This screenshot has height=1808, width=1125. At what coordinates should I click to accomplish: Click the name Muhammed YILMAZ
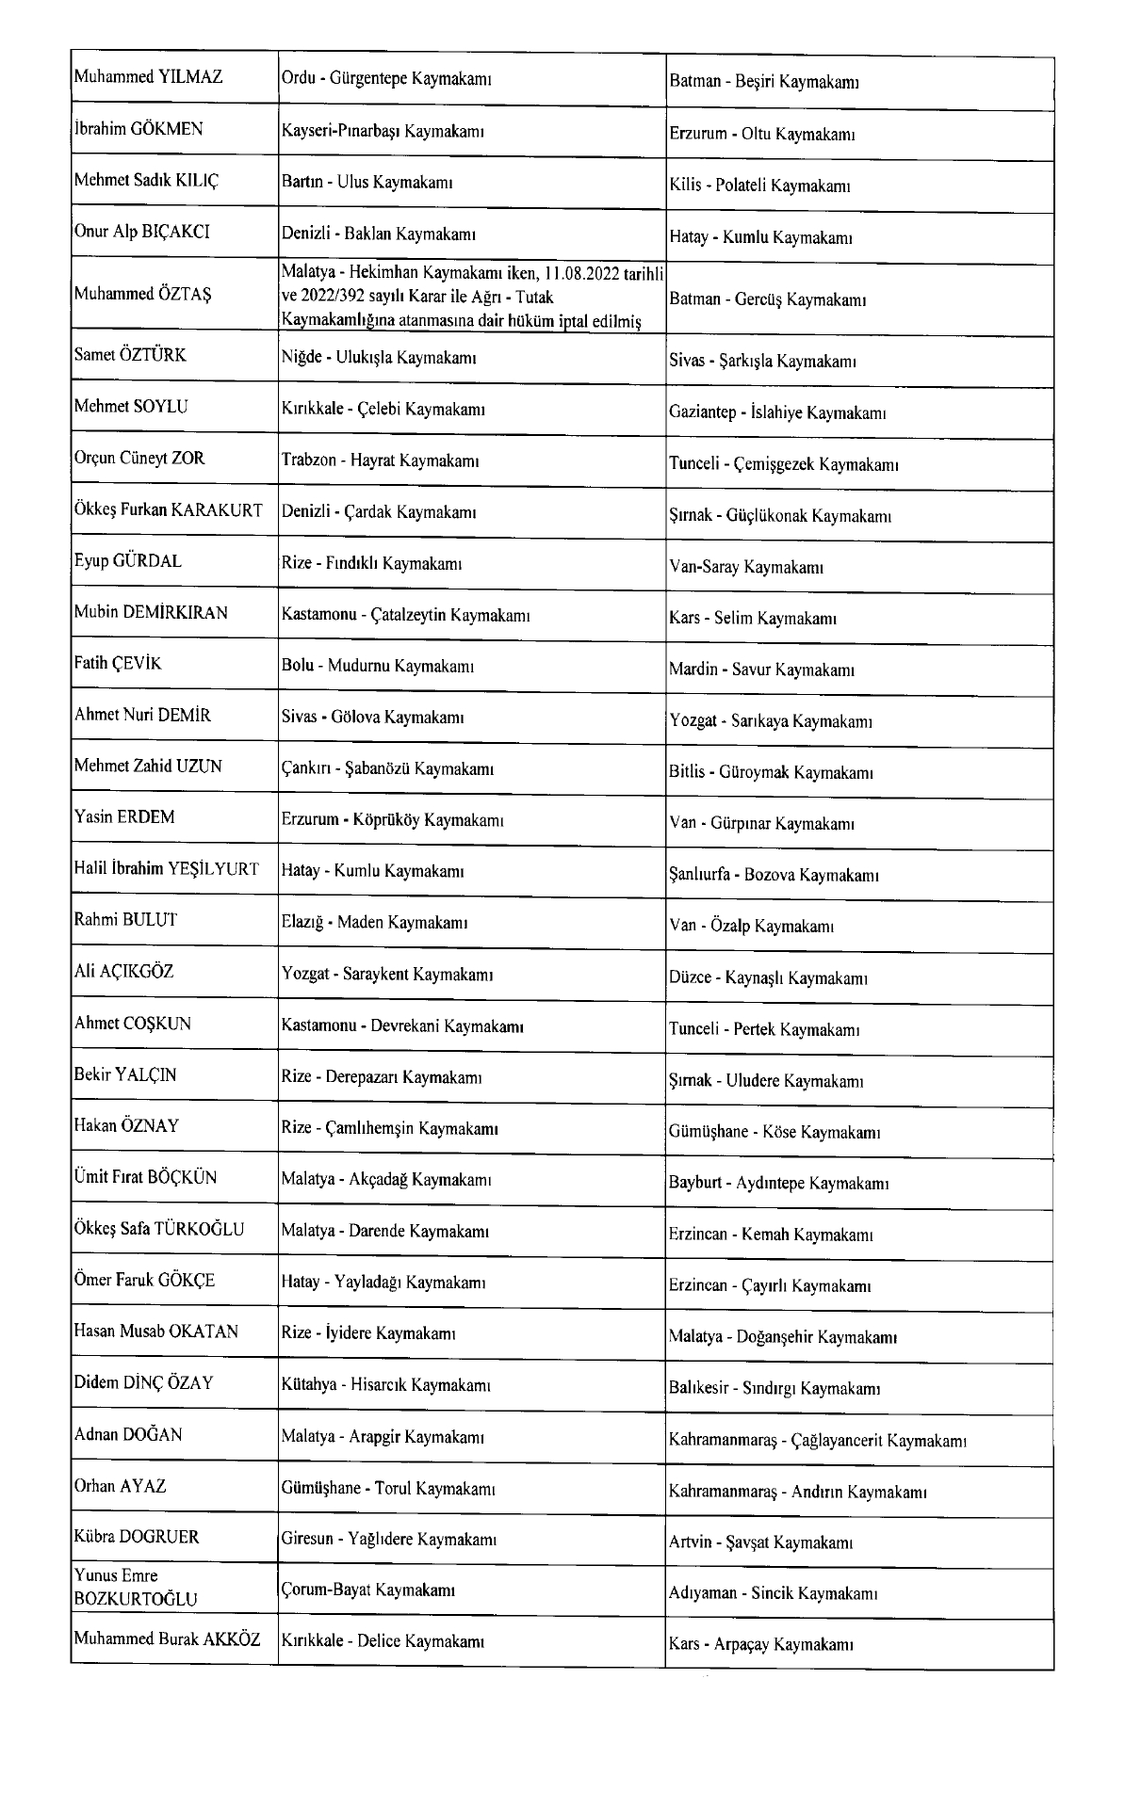coord(149,78)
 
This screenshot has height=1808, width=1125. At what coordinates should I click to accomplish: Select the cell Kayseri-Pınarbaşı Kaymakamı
coord(383,131)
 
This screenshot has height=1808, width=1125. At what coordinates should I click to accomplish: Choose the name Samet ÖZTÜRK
coord(130,356)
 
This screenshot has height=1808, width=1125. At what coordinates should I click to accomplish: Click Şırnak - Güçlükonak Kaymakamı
coord(780,516)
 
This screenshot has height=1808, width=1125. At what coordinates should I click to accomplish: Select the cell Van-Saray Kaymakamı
coord(746,567)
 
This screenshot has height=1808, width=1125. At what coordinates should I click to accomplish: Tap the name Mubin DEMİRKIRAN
coord(151,613)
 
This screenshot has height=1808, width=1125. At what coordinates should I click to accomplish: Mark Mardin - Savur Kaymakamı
coord(761,670)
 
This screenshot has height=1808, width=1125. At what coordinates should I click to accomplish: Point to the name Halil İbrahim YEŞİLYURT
coord(167,870)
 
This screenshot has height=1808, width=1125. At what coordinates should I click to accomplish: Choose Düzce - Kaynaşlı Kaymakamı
coord(768,977)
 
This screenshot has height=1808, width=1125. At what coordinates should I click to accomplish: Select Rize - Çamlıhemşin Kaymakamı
coord(390,1128)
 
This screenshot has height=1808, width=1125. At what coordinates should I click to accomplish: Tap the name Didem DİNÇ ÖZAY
coord(144,1383)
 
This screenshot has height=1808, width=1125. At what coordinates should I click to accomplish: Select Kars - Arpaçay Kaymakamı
coord(761,1645)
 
